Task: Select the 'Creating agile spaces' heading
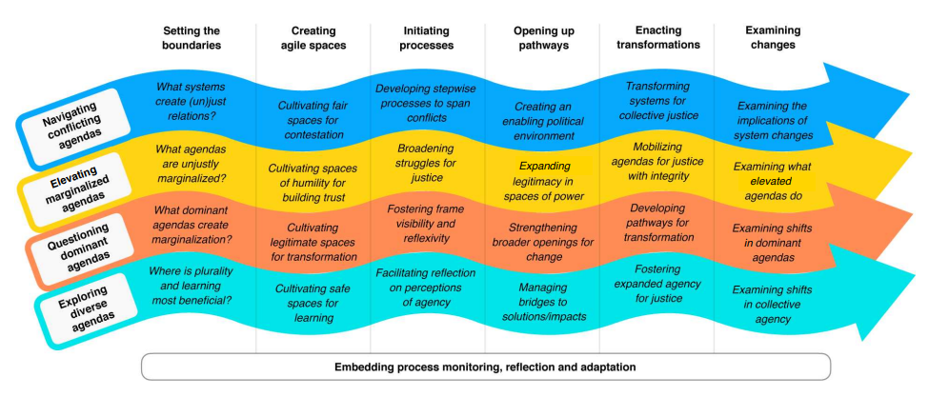[x=313, y=37]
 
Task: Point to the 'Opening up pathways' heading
[x=541, y=37]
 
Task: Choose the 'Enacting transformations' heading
[x=657, y=37]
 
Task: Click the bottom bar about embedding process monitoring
[x=485, y=367]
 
